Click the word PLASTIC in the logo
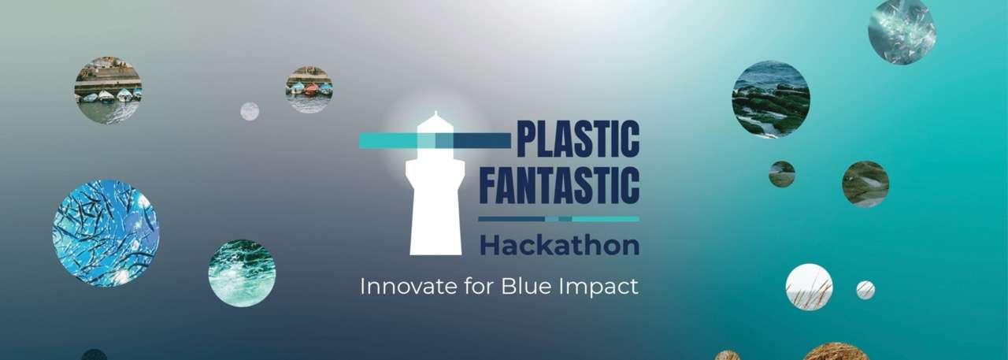[578, 139]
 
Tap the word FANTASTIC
[559, 185]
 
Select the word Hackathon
[560, 245]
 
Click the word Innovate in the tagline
[408, 286]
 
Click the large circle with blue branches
[106, 233]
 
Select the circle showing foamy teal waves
[242, 273]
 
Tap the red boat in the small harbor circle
[311, 89]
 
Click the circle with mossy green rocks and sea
[771, 99]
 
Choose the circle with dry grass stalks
[809, 287]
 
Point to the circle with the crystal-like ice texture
[902, 31]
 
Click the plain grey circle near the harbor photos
[250, 111]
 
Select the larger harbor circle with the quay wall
[109, 90]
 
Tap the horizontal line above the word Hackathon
[558, 219]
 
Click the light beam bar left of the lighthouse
[388, 140]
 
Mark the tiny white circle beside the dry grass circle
[865, 290]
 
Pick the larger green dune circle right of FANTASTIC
[865, 184]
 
